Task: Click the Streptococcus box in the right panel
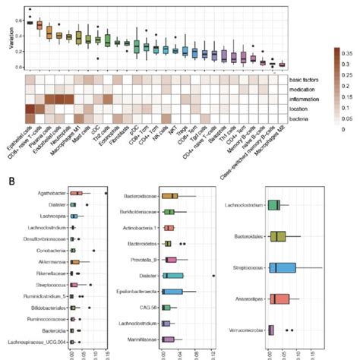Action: (x=281, y=267)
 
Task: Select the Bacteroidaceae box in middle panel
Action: (x=170, y=196)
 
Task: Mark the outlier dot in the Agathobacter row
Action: (x=106, y=194)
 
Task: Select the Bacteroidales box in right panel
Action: (x=279, y=236)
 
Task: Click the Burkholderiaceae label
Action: (x=140, y=212)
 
